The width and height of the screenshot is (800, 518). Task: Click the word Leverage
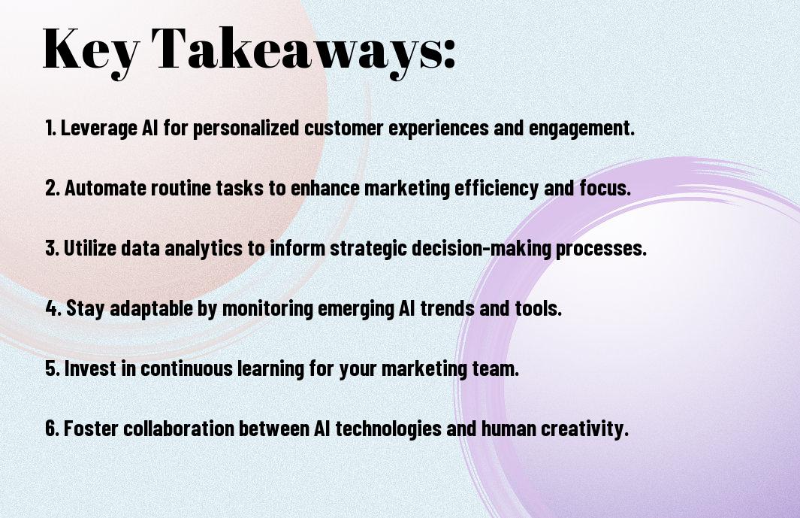pyautogui.click(x=98, y=129)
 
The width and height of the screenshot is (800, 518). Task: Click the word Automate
pyautogui.click(x=106, y=188)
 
